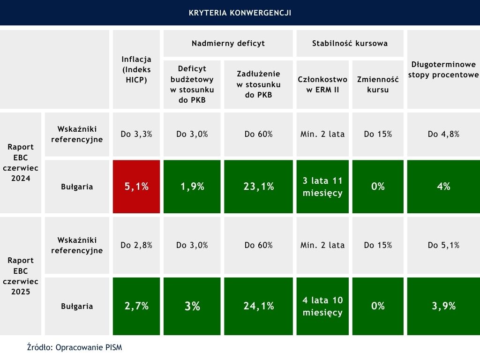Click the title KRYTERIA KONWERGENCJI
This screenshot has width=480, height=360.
240,13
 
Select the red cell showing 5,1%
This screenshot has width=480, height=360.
136,186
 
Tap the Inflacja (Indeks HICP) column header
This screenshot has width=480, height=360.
136,69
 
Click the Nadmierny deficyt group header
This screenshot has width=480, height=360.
228,44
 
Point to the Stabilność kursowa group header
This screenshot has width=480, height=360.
350,44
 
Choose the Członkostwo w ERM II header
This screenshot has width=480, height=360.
322,84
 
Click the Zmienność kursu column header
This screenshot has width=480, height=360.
377,84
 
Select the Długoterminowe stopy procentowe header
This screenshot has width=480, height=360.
443,69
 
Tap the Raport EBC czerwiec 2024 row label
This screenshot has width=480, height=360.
21,162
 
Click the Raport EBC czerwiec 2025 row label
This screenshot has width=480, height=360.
21,276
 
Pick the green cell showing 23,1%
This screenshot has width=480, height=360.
259,186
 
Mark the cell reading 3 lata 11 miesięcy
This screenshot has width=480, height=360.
322,186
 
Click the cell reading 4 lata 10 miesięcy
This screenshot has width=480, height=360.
322,306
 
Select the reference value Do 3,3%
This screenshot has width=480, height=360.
136,134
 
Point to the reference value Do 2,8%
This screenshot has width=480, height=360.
136,245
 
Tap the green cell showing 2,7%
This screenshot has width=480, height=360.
136,306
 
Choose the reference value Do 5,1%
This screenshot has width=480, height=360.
443,245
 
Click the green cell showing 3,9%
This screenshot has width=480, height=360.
443,306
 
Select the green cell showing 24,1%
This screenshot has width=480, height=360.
259,306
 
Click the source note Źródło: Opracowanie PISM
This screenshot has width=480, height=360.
75,347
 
